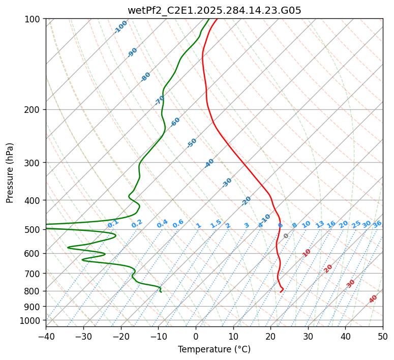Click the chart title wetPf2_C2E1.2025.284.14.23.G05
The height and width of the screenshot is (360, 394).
point(214,10)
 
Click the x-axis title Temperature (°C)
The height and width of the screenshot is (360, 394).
point(214,349)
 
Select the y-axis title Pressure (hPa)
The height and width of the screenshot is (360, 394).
point(10,173)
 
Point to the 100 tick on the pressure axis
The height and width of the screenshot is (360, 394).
point(33,19)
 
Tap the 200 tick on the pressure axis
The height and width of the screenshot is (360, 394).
point(33,109)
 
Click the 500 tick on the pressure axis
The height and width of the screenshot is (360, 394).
point(33,229)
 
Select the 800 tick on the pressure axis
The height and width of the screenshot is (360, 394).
point(33,291)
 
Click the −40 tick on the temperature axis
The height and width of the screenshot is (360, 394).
point(46,336)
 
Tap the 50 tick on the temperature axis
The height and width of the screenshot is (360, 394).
point(383,336)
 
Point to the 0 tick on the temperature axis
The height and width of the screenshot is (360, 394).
point(196,336)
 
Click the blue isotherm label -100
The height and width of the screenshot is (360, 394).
point(120,27)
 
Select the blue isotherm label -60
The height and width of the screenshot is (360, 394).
point(175,122)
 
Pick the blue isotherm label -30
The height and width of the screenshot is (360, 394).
point(227,183)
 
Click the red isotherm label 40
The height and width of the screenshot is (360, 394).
point(373,299)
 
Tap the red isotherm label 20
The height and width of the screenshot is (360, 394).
point(328,268)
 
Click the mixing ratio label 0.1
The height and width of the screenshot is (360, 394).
point(113,224)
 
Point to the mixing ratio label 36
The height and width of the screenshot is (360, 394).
point(377,224)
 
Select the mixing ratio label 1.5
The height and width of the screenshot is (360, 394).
point(216,223)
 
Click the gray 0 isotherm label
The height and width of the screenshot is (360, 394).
point(286,236)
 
